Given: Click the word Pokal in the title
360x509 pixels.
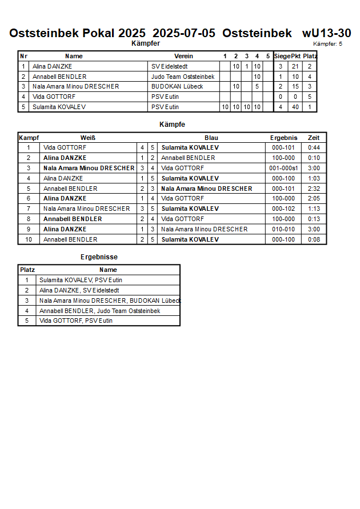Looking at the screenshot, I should (x=99, y=33).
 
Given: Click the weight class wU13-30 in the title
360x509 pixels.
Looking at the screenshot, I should (x=326, y=33).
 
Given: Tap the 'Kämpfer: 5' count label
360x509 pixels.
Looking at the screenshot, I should (x=327, y=43).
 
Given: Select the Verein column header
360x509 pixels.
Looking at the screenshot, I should (x=183, y=56).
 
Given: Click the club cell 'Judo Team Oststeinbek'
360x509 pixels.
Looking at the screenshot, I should (x=183, y=77).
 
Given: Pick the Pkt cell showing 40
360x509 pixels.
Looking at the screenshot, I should (x=295, y=107).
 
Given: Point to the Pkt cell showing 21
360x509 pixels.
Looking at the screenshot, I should (x=295, y=66).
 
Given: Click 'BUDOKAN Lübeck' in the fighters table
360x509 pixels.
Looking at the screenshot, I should (x=177, y=86).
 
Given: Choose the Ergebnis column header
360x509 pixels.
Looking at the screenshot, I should (x=283, y=138).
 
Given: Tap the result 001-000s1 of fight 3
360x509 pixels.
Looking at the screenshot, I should (x=283, y=168).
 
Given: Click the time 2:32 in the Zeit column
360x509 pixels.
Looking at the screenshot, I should (x=314, y=189).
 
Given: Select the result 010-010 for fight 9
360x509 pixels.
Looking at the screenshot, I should (x=283, y=229).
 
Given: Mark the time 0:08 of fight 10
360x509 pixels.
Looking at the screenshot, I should (x=314, y=239).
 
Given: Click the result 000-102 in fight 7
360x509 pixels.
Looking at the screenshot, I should (x=283, y=209).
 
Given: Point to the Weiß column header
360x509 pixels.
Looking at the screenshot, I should (x=88, y=138).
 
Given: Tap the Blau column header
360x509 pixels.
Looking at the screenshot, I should (x=211, y=138).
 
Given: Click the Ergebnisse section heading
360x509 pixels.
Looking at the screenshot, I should (x=99, y=257).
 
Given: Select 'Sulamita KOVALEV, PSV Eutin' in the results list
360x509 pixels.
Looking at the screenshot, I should (x=81, y=280).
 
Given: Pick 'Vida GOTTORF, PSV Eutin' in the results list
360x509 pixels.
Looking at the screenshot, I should (x=76, y=320).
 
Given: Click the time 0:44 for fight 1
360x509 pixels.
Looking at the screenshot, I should (x=314, y=147).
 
